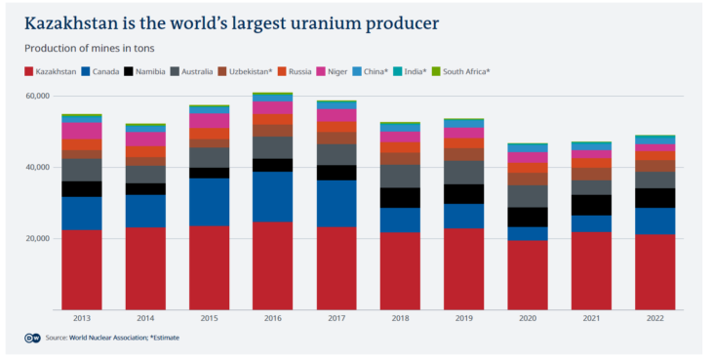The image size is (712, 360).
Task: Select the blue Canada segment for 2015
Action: pyautogui.click(x=209, y=202)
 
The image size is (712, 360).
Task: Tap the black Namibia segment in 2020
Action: pyautogui.click(x=527, y=217)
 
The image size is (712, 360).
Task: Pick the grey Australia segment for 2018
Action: pyautogui.click(x=400, y=176)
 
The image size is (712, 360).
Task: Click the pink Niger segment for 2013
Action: pyautogui.click(x=82, y=131)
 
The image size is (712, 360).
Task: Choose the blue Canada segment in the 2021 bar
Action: pyautogui.click(x=590, y=223)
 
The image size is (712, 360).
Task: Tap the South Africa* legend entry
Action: pyautogui.click(x=461, y=71)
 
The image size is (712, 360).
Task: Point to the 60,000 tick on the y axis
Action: pyautogui.click(x=36, y=96)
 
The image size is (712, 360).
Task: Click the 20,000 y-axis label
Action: pyautogui.click(x=36, y=238)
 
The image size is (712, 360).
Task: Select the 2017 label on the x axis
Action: pyautogui.click(x=336, y=319)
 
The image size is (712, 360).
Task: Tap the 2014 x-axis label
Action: pyautogui.click(x=145, y=319)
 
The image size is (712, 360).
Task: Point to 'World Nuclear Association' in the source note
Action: pyautogui.click(x=108, y=338)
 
